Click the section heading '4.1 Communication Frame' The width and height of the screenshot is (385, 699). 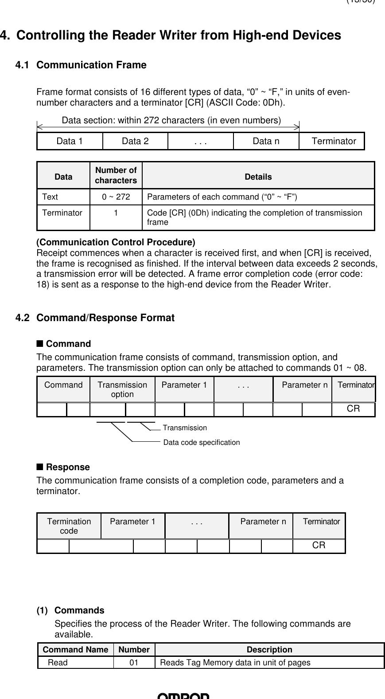[81, 65]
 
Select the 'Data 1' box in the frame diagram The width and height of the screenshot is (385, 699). [70, 141]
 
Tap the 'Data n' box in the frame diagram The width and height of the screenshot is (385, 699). [266, 141]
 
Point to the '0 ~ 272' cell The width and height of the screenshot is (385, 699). [116, 197]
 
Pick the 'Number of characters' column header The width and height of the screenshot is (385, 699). [116, 175]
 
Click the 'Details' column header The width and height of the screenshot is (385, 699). [258, 177]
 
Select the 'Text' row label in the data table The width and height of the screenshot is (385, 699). [50, 197]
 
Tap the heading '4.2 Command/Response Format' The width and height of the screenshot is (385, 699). [95, 318]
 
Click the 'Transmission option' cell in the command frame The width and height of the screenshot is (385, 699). [122, 389]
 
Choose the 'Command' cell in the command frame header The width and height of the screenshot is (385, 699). [63, 385]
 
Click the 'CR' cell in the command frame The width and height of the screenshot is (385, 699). [353, 409]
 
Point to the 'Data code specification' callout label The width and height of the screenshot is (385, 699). [202, 442]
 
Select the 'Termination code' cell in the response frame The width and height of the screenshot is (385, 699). [69, 526]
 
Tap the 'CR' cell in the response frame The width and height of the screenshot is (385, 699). [319, 545]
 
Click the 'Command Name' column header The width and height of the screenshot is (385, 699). [75, 650]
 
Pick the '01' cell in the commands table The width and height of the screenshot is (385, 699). [133, 663]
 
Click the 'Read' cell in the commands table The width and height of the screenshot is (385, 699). [58, 663]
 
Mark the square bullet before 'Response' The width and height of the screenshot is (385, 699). [39, 467]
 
